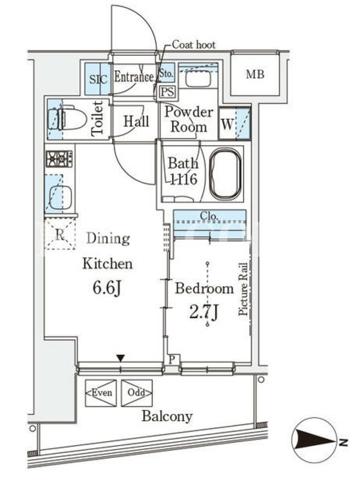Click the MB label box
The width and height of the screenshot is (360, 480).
point(254,74)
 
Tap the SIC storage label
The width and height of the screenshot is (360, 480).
point(98,79)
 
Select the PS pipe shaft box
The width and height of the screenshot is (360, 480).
point(167,92)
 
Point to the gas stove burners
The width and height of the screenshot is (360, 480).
point(59,158)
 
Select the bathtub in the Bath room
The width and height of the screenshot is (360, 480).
point(226,174)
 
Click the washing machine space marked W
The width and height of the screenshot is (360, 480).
point(235,124)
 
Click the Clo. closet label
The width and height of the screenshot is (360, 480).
point(209,216)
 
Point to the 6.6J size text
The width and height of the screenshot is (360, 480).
point(107,288)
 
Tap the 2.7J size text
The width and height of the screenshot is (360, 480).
point(203,311)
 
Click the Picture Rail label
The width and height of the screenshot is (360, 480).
point(243,289)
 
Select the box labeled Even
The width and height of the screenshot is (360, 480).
point(101,393)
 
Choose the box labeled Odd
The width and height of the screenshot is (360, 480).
point(137,393)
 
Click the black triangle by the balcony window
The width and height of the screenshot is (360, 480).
point(121,358)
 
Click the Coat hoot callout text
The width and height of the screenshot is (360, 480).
point(194,44)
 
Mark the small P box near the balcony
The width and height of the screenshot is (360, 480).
point(172,359)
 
